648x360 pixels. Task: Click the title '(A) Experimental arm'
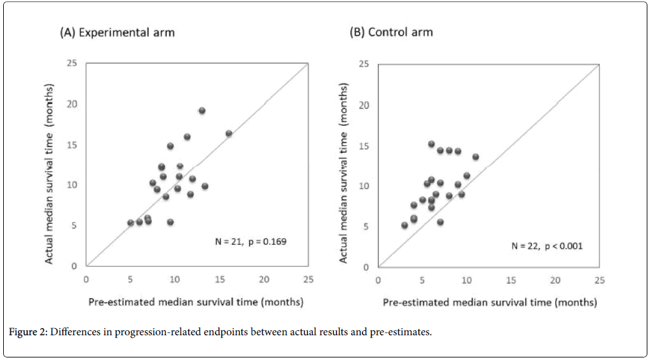point(117,32)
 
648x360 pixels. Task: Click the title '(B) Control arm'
point(391,32)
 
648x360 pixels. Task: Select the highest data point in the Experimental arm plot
point(202,111)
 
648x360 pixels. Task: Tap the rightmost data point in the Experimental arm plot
point(229,134)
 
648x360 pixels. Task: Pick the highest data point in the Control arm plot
point(431,144)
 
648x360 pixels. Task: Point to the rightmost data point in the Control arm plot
point(475,156)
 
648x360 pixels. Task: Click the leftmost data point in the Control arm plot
point(404,225)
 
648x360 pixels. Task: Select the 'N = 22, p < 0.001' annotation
point(548,246)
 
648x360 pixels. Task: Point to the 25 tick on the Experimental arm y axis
point(74,63)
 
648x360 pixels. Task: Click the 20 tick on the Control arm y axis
point(364,104)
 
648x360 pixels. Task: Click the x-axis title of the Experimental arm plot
point(195,301)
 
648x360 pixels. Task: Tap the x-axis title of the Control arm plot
point(489,303)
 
